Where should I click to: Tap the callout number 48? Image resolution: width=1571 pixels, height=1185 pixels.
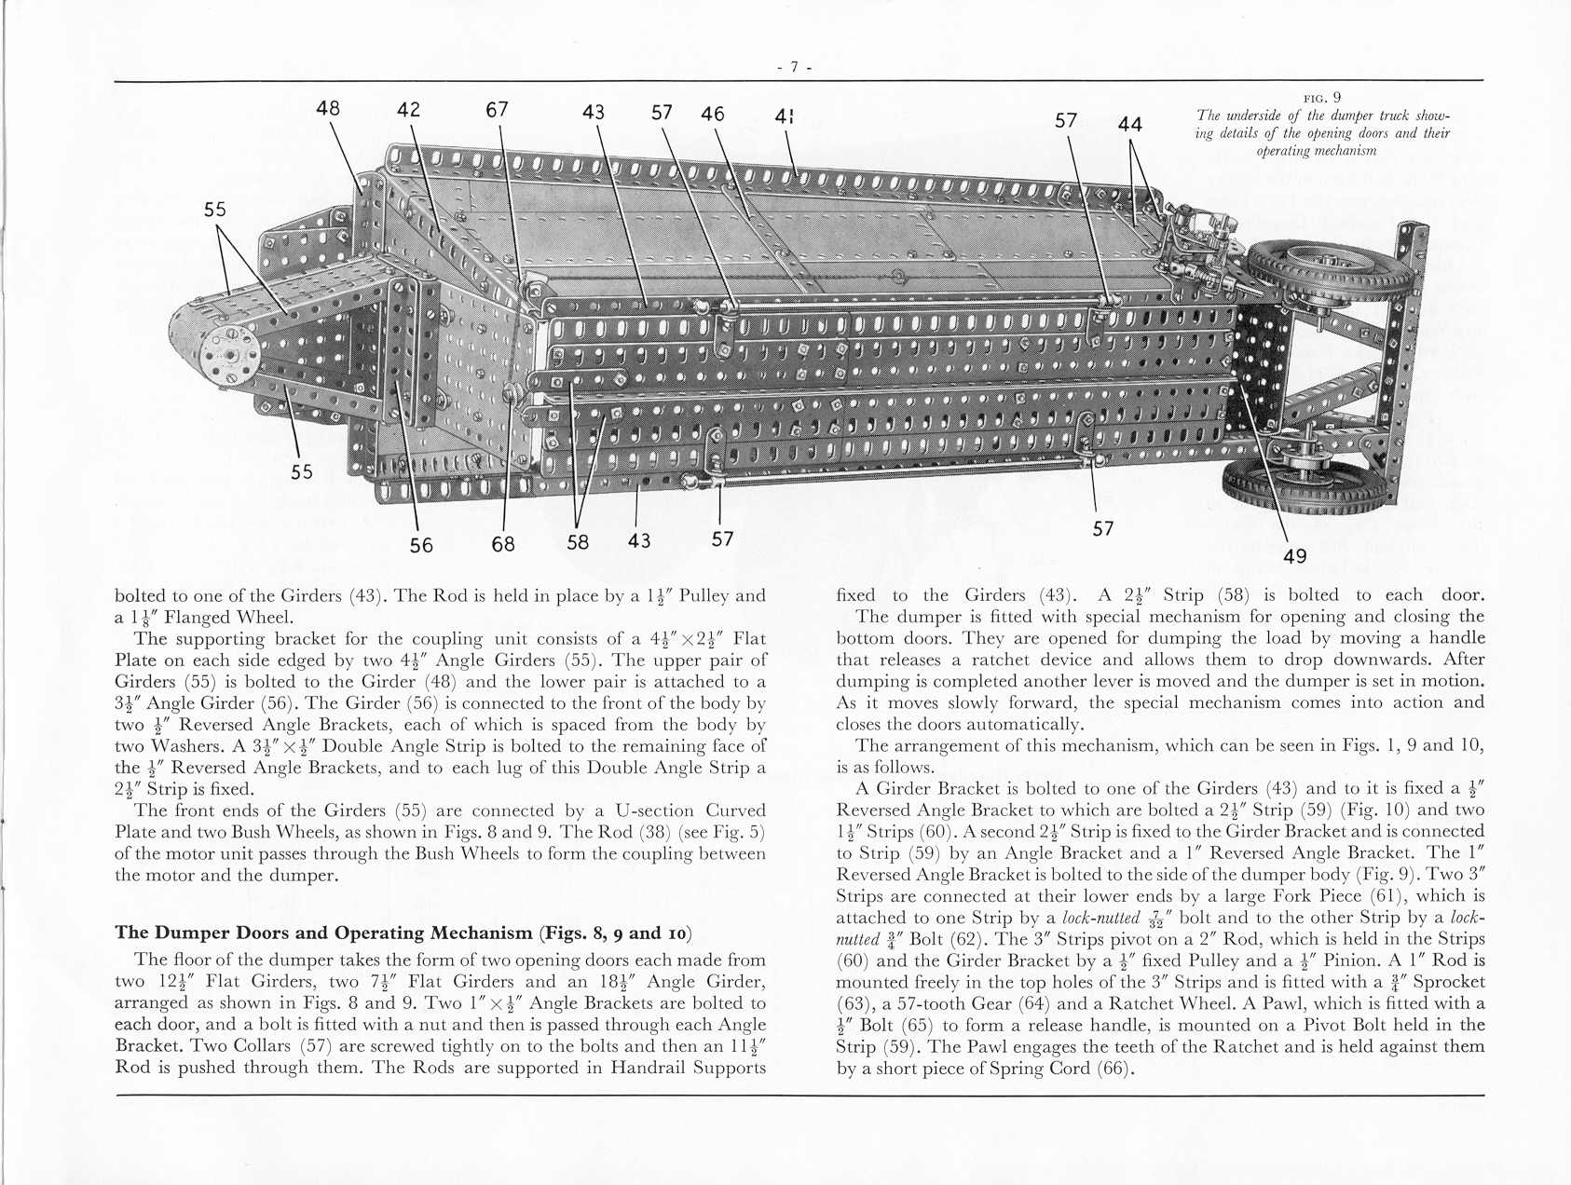(x=328, y=107)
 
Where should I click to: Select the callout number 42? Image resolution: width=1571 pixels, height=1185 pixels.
(x=408, y=109)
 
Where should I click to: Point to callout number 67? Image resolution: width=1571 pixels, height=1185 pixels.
(x=497, y=109)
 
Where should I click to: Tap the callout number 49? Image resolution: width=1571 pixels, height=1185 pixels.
(x=1294, y=556)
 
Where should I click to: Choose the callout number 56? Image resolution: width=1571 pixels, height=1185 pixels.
(x=421, y=544)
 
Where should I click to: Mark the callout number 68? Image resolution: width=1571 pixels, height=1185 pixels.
(x=503, y=543)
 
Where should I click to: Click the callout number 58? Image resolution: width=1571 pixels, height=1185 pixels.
(x=578, y=541)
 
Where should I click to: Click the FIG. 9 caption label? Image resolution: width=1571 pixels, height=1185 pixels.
(x=1322, y=97)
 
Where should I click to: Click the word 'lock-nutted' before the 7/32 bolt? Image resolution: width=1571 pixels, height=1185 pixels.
(x=1087, y=918)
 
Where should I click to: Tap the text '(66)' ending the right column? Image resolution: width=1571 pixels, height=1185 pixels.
(x=1113, y=1068)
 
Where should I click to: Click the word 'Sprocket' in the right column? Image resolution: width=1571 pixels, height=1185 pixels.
(x=1447, y=982)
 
